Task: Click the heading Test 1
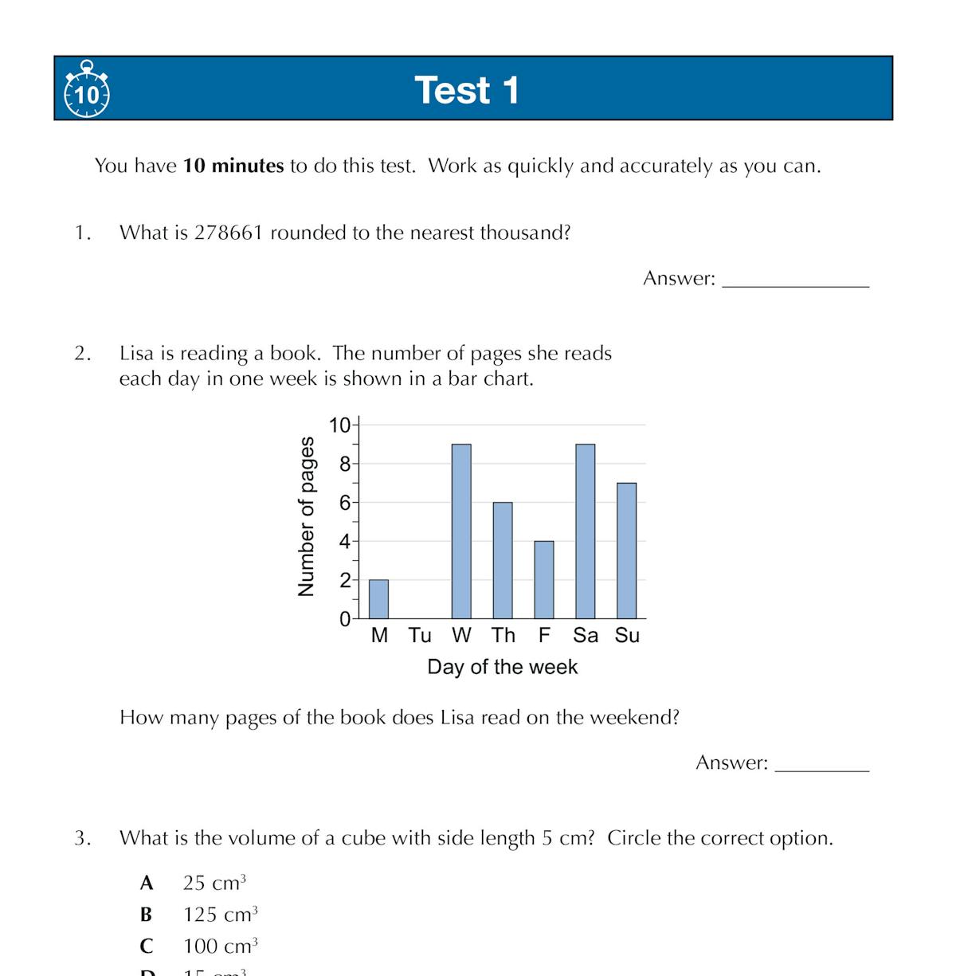(x=467, y=90)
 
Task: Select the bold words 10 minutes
(x=233, y=166)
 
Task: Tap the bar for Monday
(x=379, y=599)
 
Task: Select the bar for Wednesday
(x=461, y=531)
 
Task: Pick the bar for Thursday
(x=503, y=560)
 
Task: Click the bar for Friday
(x=544, y=580)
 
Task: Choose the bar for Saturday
(x=586, y=531)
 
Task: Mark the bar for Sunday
(x=627, y=551)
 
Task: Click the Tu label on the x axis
(x=420, y=636)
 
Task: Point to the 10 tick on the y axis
(x=339, y=425)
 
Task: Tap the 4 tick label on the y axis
(x=345, y=542)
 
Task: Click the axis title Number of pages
(x=306, y=516)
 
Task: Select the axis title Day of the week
(x=502, y=667)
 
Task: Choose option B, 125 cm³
(x=220, y=915)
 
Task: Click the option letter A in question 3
(x=147, y=883)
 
